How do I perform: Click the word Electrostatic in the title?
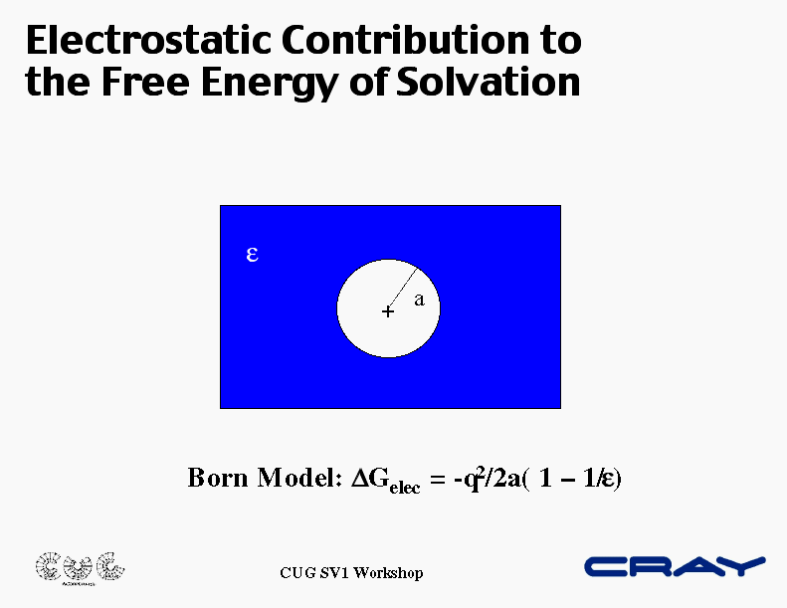coord(148,40)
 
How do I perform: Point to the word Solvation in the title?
coord(489,82)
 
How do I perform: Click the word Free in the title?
coord(145,82)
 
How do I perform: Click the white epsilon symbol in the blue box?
coord(252,255)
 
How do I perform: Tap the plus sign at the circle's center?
coord(387,311)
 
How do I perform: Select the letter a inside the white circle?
coord(419,301)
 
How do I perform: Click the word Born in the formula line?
coord(218,478)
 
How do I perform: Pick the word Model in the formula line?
coord(299,478)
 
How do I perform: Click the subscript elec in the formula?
coord(405,488)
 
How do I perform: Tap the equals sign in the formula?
coord(438,479)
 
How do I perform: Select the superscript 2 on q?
coord(481,472)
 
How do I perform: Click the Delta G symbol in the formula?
coord(370,478)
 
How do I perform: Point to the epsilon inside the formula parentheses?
coord(608,479)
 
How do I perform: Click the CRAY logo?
coord(675,566)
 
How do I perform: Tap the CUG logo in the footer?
coord(80,568)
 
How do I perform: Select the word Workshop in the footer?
coord(388,573)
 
